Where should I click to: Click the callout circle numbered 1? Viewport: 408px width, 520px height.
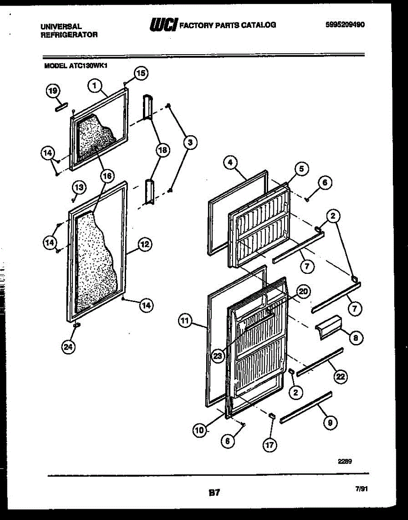coord(94,85)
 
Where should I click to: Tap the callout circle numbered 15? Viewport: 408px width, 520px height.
coord(140,74)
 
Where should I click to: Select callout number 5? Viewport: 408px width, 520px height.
coord(301,168)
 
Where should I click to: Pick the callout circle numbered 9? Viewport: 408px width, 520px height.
coord(330,423)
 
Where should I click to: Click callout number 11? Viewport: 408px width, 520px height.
coord(185,321)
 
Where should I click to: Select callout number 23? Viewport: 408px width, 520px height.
coord(218,356)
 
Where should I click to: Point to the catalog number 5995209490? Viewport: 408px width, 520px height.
coord(345,25)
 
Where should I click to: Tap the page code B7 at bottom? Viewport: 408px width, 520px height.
coord(215,492)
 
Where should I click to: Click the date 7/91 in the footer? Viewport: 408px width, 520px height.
coord(361,489)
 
